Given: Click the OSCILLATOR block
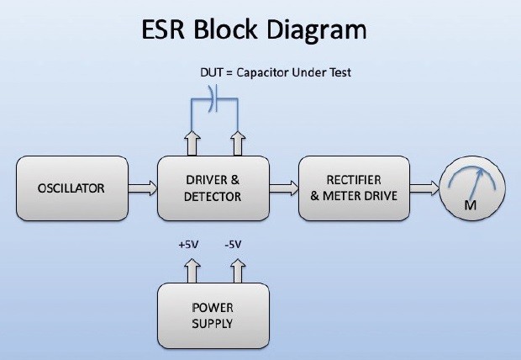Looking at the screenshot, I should click(x=71, y=188).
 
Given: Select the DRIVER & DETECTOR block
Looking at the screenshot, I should click(x=213, y=188).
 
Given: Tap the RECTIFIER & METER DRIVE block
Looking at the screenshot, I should click(x=354, y=188).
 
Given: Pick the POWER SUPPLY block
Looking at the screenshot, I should click(x=213, y=315).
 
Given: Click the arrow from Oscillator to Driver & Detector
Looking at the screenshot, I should click(x=143, y=188).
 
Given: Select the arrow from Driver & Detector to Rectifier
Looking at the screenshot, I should click(x=284, y=188).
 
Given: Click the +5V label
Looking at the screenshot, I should click(x=189, y=245).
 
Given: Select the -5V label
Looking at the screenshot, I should click(x=233, y=245).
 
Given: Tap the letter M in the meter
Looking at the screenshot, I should click(x=471, y=206).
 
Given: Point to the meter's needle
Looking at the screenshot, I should click(x=480, y=180).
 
